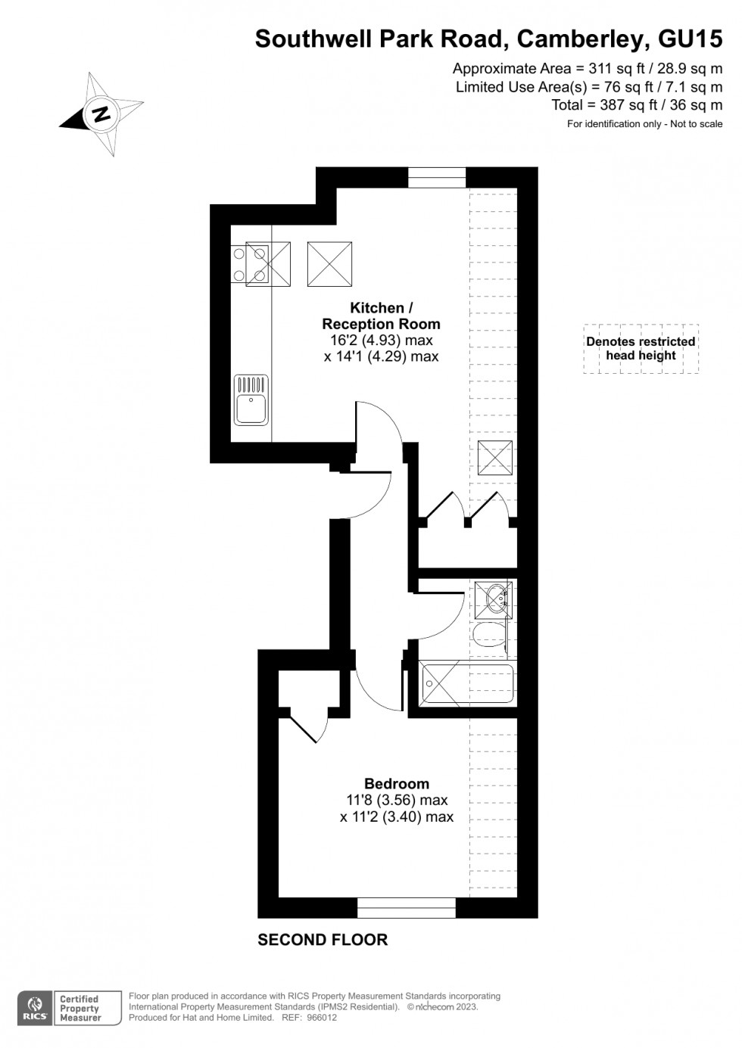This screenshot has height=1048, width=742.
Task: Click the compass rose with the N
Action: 101,114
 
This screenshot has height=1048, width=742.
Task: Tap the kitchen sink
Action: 251,400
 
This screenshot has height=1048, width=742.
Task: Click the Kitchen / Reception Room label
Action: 381,316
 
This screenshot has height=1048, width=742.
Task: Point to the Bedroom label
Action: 397,784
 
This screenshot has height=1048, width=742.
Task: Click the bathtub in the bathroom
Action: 467,684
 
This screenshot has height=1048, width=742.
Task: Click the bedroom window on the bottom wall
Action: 407,907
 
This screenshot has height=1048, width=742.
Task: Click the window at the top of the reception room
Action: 437,177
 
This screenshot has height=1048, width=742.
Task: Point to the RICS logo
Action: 35,1008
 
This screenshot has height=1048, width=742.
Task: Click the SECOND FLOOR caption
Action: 323,940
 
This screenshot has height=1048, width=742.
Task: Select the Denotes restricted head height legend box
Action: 641,349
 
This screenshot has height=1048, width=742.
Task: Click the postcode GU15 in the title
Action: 690,38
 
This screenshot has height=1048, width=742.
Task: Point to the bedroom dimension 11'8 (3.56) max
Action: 397,800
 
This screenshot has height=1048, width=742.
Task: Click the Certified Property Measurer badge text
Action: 80,1008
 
